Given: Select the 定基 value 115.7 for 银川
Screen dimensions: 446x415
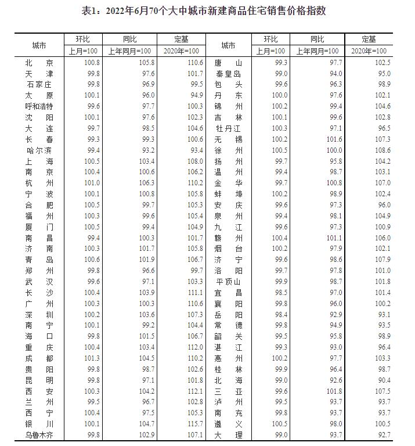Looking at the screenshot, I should (195, 423).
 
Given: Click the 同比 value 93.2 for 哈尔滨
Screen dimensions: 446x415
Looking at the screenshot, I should (146, 150).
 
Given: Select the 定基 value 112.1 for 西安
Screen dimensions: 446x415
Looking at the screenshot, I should (195, 391).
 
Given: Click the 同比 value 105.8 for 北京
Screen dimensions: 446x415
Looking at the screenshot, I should (146, 63).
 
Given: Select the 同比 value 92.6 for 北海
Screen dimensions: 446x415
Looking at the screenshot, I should (336, 380).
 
